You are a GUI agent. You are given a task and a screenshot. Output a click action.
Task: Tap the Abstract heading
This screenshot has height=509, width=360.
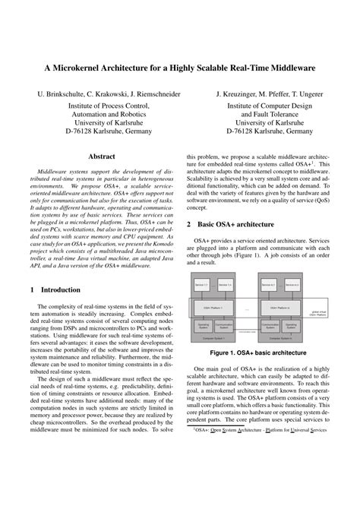tap(102, 156)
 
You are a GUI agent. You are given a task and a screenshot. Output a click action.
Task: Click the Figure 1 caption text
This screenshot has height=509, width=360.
tap(259, 353)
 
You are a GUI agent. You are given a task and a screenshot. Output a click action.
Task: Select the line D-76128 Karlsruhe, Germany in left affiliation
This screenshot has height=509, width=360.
tap(103, 131)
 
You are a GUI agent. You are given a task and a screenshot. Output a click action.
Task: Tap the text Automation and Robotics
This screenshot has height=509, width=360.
tap(103, 119)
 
